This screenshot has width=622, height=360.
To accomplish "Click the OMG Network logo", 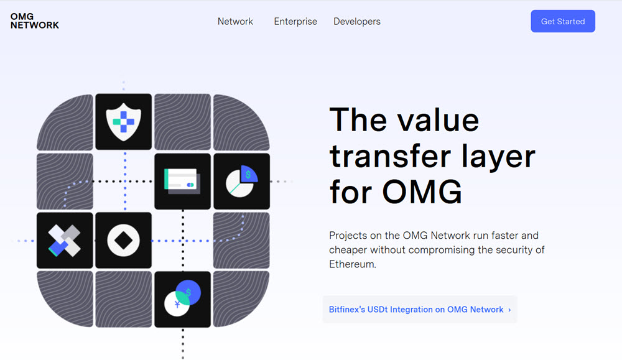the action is point(34,21).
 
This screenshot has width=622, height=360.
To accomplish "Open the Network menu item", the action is point(235,21).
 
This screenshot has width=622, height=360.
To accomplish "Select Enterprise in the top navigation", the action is point(295,21).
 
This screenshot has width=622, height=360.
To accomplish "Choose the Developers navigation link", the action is point(357,21).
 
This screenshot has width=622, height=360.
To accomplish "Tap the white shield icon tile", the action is point(123,122).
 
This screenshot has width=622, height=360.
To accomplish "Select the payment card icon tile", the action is point(182,181).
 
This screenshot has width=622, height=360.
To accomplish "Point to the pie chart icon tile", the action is point(241,181).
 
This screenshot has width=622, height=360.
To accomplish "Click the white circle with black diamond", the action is point(123,240).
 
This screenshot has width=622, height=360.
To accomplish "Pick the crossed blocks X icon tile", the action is point(65,240).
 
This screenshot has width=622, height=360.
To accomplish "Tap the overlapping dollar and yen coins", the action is point(182,298).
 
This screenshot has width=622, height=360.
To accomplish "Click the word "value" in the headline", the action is point(439,120).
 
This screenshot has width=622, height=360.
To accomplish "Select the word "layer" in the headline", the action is point(499,157).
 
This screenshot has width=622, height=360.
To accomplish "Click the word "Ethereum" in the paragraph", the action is point(352,264).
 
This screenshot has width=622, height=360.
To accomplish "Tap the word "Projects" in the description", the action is point(348,236).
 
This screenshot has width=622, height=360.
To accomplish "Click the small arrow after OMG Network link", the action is point(509,310).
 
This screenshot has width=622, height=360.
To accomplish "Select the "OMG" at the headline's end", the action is point(422,192).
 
